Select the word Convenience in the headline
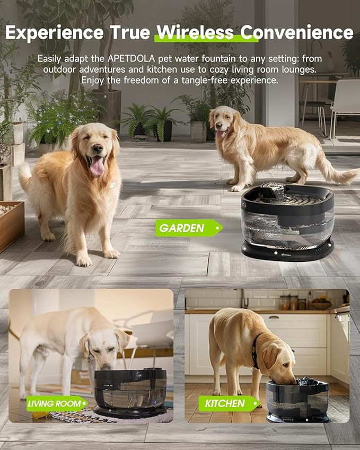click(296, 33)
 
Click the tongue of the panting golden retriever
click(97, 166)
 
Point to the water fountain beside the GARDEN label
click(287, 222)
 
